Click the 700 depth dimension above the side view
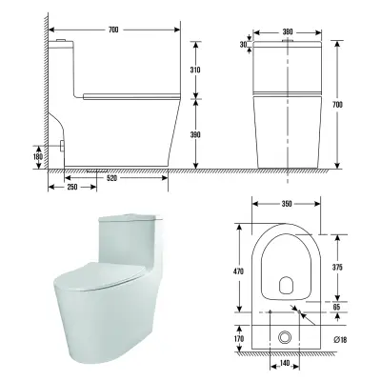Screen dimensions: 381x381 (x=113, y=30)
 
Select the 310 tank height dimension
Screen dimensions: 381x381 (x=195, y=70)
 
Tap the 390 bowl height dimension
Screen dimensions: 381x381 (x=195, y=134)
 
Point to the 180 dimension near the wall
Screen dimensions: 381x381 (x=38, y=156)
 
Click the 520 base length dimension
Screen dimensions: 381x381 (x=111, y=178)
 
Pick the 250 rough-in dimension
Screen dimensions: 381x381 (x=72, y=187)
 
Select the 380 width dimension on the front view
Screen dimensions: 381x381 (x=288, y=32)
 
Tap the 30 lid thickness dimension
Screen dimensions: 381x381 (x=243, y=45)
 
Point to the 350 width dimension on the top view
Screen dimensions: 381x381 (x=287, y=204)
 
